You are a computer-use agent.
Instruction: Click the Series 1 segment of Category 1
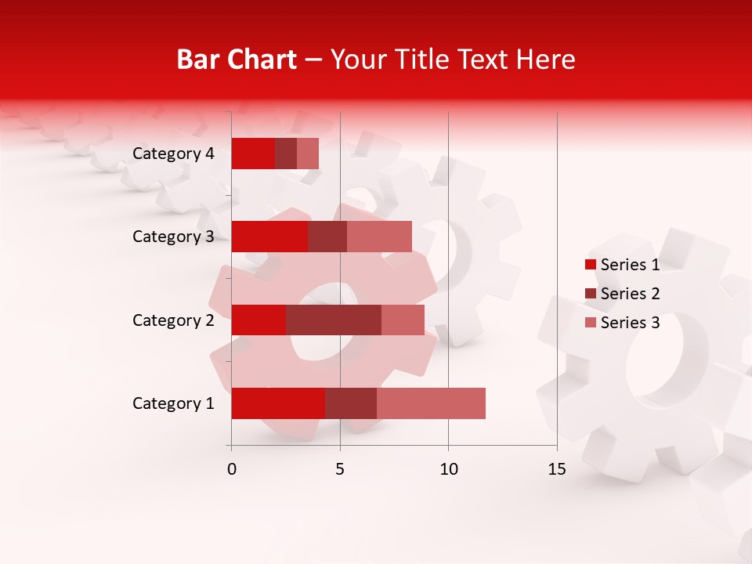(x=278, y=403)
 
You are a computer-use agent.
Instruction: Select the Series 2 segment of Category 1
(x=351, y=403)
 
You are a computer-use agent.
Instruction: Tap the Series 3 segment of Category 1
(x=431, y=403)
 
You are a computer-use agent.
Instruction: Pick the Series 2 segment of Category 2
(x=334, y=320)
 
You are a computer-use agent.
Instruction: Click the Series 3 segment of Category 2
(x=403, y=320)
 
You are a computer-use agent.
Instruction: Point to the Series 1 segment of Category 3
(x=269, y=237)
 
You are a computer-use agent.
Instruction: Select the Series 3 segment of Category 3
(x=379, y=237)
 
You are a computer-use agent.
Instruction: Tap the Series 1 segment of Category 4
(x=253, y=154)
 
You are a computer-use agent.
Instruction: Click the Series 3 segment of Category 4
(x=308, y=154)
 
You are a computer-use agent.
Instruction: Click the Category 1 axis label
(x=173, y=403)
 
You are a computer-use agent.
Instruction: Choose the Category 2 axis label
(x=173, y=320)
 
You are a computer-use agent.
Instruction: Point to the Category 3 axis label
(x=173, y=237)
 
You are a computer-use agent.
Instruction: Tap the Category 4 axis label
(x=173, y=154)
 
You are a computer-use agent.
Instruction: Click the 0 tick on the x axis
(x=232, y=469)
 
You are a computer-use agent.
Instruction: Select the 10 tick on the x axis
(x=448, y=469)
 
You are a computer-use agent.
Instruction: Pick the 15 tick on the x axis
(x=557, y=469)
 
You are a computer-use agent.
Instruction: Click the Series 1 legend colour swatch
(x=591, y=265)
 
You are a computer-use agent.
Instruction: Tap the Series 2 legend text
(x=630, y=294)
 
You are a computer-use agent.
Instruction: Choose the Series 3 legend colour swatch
(x=591, y=323)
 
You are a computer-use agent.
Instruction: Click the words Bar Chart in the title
(x=236, y=60)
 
